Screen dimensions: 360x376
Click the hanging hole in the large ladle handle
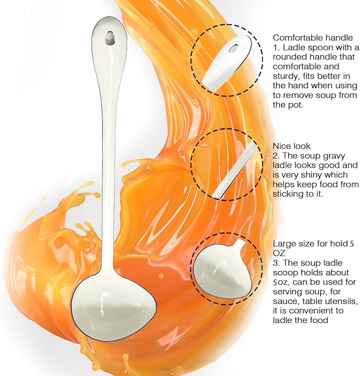click(110, 38)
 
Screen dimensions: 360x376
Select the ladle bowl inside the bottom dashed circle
click(223, 270)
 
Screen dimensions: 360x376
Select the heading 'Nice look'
click(292, 146)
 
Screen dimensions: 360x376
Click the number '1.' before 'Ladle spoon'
click(277, 47)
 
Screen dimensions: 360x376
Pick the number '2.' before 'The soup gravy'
click(277, 155)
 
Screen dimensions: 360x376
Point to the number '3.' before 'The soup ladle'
click(277, 263)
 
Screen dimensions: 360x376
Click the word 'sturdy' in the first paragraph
click(286, 76)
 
